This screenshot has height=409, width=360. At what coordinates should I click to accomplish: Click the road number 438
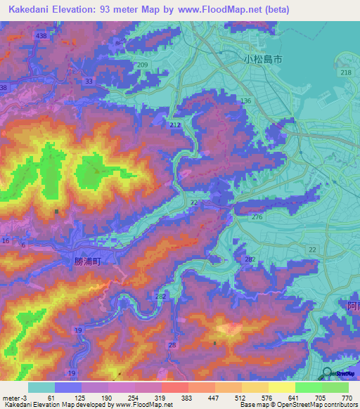pyautogui.click(x=41, y=35)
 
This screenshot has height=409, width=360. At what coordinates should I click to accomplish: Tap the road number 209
pyautogui.click(x=143, y=65)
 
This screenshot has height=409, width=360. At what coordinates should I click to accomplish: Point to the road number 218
pyautogui.click(x=345, y=73)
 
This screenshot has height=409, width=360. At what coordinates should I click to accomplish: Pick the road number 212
pyautogui.click(x=175, y=125)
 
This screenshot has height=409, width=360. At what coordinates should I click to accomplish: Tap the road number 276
pyautogui.click(x=257, y=219)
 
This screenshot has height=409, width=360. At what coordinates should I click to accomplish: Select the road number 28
pyautogui.click(x=173, y=344)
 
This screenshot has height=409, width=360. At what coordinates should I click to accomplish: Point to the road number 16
pyautogui.click(x=6, y=241)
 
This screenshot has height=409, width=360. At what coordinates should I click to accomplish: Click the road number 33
pyautogui.click(x=88, y=82)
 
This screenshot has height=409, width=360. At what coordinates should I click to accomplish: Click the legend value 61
pyautogui.click(x=51, y=397)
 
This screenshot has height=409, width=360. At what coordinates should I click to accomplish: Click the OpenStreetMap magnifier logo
pyautogui.click(x=328, y=375)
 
